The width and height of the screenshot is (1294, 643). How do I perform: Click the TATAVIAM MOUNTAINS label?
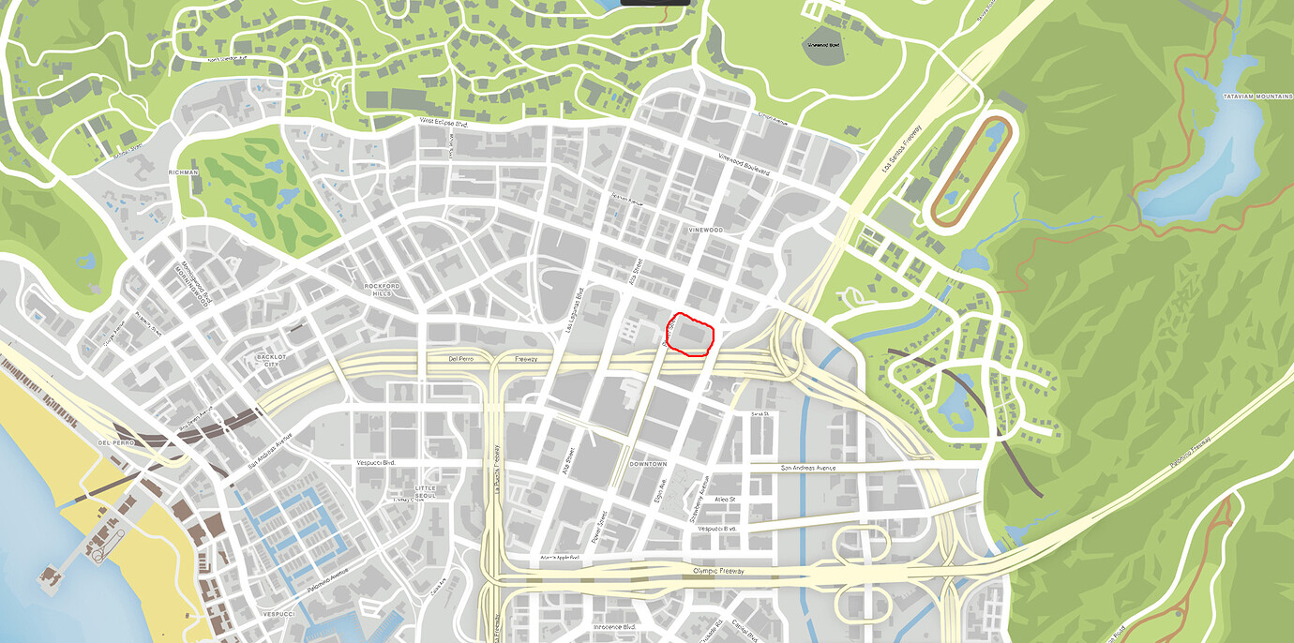click(1257, 97)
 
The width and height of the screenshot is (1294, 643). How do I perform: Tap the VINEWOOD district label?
click(705, 230)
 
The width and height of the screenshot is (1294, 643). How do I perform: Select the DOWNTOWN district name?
click(648, 464)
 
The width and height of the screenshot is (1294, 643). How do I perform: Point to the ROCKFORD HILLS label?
click(383, 289)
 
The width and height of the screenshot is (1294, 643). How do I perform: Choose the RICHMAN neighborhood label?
click(184, 172)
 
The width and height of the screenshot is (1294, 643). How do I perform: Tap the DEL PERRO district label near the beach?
click(116, 441)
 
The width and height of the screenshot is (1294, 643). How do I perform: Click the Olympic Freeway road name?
click(717, 570)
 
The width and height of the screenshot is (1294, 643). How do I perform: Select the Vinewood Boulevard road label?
click(743, 164)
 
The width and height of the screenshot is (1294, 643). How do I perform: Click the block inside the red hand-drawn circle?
click(694, 336)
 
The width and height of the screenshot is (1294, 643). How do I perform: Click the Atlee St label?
click(726, 500)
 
